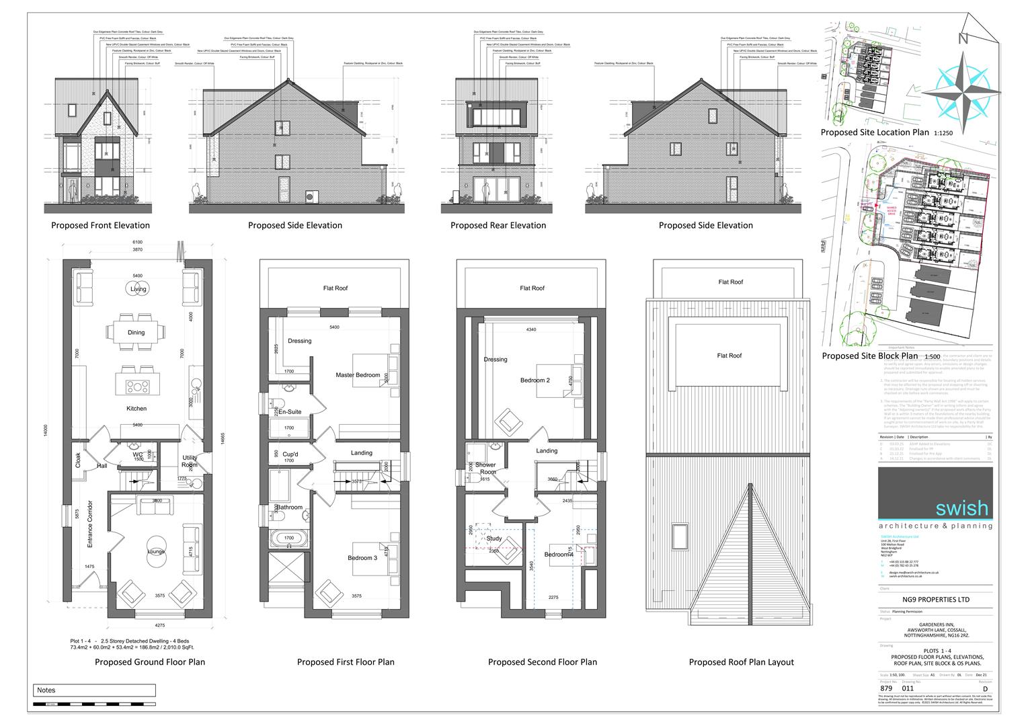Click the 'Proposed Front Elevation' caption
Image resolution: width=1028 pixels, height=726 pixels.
click(100, 225)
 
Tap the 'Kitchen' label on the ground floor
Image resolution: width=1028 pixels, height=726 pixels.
click(136, 409)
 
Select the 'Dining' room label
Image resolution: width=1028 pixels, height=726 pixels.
click(136, 333)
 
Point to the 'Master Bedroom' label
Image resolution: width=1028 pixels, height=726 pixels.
click(358, 375)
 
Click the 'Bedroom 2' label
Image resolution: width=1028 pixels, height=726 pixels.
click(535, 380)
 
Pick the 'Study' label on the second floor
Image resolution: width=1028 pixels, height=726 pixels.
click(494, 538)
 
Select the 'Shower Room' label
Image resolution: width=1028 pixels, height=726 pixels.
click(485, 469)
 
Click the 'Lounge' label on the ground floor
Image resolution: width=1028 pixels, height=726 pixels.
click(157, 551)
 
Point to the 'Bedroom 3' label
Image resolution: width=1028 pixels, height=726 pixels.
click(362, 558)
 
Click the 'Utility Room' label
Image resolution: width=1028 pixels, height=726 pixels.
click(190, 461)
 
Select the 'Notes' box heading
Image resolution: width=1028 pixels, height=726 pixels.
click(46, 690)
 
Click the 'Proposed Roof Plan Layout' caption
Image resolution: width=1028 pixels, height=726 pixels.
click(741, 662)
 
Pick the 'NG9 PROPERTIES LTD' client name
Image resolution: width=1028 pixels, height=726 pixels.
click(935, 600)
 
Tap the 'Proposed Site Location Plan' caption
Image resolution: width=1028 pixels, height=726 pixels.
click(875, 132)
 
